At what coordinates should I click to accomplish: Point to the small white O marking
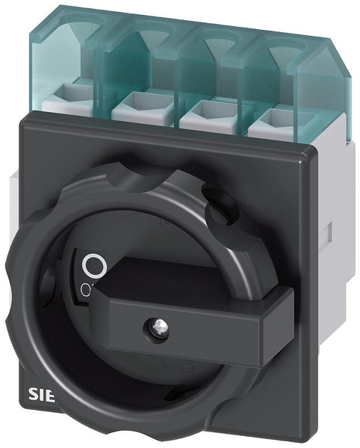(x=87, y=287)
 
